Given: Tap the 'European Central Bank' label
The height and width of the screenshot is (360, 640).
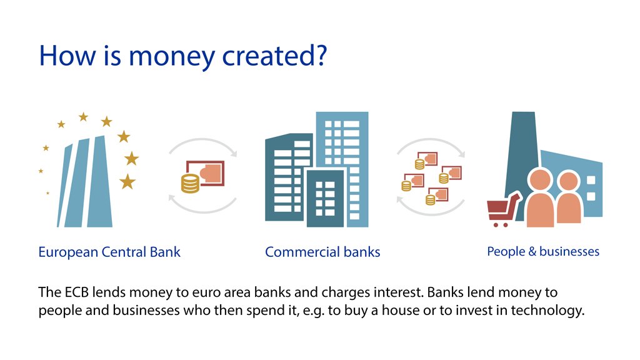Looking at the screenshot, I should tap(109, 252).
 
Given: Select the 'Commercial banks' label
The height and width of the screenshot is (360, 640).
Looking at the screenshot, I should tap(322, 252).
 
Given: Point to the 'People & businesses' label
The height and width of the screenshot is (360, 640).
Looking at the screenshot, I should tap(542, 252).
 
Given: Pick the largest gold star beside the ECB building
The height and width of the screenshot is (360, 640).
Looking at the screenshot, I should tap(127, 182).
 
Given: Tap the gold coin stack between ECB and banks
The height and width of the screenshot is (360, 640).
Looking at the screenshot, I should tap(190, 183).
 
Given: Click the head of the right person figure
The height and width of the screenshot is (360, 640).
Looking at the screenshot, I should tap(569, 182).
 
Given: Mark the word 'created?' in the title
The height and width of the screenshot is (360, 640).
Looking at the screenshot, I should tap(275, 56).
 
